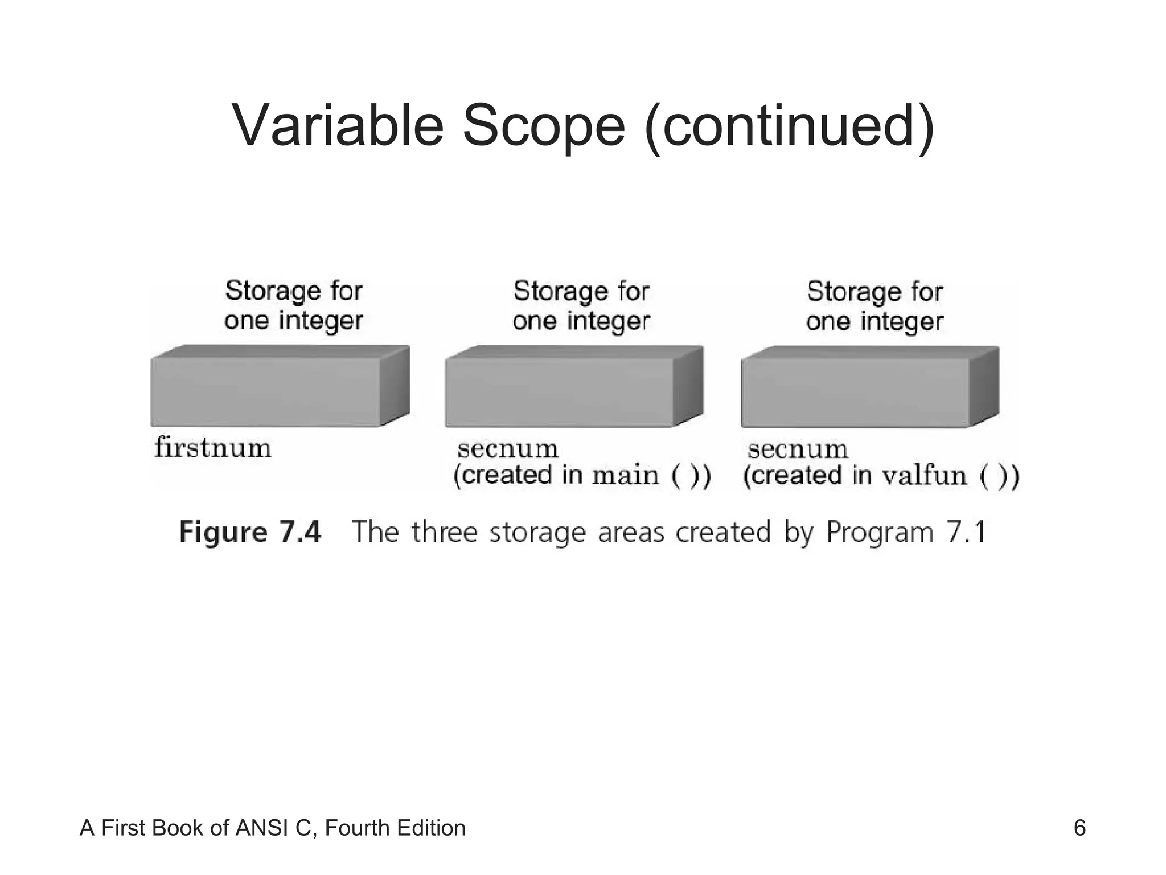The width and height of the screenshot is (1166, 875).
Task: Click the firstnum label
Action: (x=213, y=448)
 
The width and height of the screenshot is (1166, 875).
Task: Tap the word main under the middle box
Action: (x=625, y=476)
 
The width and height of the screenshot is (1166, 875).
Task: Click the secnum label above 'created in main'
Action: (x=507, y=449)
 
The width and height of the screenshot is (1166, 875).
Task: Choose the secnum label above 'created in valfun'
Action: (x=798, y=449)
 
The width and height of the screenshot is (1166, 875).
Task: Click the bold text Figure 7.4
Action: (x=250, y=532)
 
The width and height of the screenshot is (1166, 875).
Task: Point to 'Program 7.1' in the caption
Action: (x=905, y=533)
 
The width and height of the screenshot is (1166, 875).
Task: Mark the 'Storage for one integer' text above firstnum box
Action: (x=294, y=306)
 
